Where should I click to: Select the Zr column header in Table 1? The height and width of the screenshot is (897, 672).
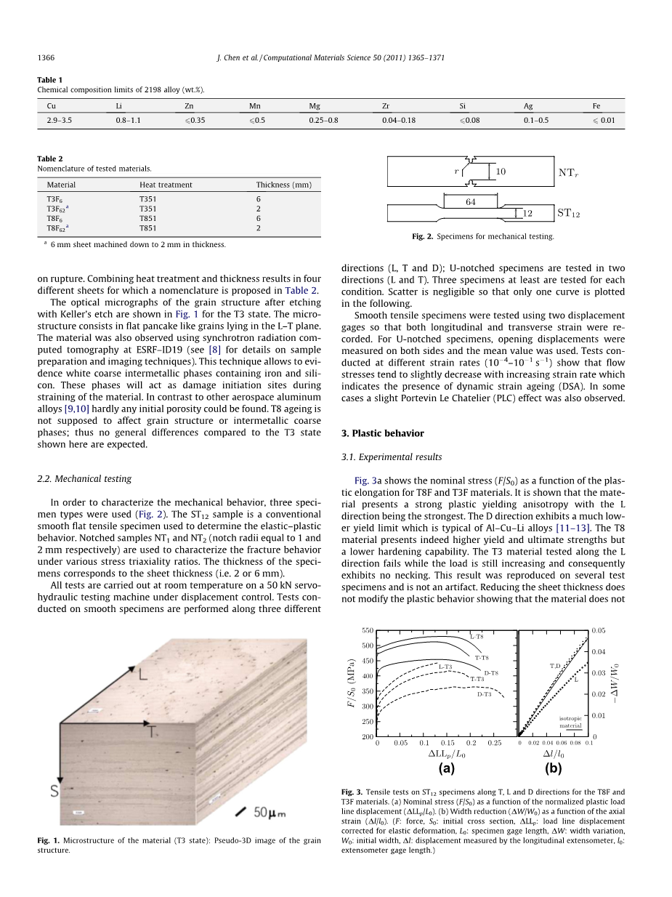click(386, 105)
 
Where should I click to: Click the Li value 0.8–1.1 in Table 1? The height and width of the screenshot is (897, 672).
click(128, 120)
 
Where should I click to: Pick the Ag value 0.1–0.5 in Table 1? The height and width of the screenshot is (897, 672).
click(536, 120)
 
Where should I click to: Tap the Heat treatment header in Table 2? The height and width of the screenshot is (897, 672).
click(166, 185)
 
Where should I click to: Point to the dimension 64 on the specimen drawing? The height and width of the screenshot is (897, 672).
click(471, 202)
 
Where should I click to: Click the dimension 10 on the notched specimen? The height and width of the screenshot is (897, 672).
click(501, 172)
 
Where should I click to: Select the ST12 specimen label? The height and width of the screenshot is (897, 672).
click(569, 214)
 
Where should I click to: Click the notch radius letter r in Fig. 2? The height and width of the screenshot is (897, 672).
click(456, 172)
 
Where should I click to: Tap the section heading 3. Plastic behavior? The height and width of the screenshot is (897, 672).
click(382, 433)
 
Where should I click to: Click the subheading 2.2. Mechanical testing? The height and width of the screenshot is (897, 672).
click(84, 479)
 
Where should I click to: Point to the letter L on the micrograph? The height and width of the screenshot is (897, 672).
click(144, 675)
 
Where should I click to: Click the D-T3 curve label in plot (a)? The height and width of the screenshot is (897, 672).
click(484, 694)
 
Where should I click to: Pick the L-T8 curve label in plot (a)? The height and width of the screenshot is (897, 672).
click(477, 637)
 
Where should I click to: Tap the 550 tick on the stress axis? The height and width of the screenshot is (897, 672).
click(367, 630)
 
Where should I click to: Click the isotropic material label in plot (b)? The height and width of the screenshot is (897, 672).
click(570, 722)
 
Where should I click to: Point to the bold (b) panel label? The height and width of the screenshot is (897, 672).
click(554, 768)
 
